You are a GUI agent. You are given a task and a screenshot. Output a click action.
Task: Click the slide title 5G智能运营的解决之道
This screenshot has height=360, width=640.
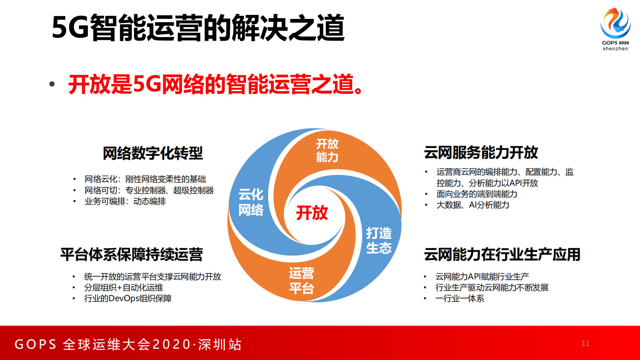pyautogui.click(x=198, y=28)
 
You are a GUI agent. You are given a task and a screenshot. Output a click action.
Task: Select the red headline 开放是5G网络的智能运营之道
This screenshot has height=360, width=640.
pyautogui.click(x=215, y=84)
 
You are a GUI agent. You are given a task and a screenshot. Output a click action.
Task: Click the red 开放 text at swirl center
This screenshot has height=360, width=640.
pyautogui.click(x=312, y=212)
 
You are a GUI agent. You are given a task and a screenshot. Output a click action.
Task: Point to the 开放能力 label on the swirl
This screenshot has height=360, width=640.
pyautogui.click(x=327, y=150)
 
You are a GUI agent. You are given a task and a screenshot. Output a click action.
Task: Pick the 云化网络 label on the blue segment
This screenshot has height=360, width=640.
pyautogui.click(x=251, y=202)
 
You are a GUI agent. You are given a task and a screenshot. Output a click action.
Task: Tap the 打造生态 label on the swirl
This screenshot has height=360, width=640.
pyautogui.click(x=379, y=240)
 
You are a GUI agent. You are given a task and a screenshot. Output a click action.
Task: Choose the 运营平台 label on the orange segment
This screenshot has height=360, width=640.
pyautogui.click(x=301, y=281)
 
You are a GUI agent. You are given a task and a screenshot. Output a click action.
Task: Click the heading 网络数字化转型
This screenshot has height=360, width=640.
pyautogui.click(x=152, y=153)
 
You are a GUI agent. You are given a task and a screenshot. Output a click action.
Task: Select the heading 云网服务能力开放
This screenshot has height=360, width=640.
pyautogui.click(x=481, y=152)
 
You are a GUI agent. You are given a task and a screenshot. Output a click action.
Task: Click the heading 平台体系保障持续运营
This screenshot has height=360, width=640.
pyautogui.click(x=131, y=254)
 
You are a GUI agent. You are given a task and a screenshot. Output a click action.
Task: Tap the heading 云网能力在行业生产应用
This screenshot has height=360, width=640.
pyautogui.click(x=502, y=254)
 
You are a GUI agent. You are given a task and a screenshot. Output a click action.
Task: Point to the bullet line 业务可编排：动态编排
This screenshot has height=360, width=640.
pyautogui.click(x=125, y=201)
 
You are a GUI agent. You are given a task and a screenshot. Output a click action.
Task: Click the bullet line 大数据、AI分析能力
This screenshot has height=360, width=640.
pyautogui.click(x=473, y=205)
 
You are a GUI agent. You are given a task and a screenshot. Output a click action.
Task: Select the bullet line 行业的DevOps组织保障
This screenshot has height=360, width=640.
pyautogui.click(x=128, y=298)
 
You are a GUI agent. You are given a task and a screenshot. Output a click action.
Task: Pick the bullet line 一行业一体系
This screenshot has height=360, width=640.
pyautogui.click(x=460, y=298)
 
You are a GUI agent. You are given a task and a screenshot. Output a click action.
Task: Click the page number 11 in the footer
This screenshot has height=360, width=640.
pyautogui.click(x=586, y=343)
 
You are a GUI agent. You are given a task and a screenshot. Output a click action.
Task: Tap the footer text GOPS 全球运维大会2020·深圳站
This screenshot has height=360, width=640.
pyautogui.click(x=128, y=344)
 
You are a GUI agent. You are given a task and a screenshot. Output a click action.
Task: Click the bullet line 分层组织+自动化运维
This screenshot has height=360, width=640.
pyautogui.click(x=123, y=287)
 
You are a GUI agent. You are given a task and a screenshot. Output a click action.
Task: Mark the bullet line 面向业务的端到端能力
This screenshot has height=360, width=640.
pyautogui.click(x=477, y=194)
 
